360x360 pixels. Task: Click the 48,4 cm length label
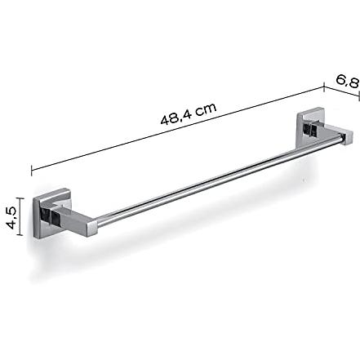click(x=189, y=113)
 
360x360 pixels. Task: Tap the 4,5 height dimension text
click(x=11, y=217)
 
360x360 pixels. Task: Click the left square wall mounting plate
click(x=51, y=213)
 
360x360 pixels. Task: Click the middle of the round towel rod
click(x=219, y=180)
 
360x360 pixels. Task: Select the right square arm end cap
click(x=349, y=137)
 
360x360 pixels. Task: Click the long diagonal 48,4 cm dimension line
click(x=178, y=129)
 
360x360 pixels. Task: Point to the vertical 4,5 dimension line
click(x=20, y=216)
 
